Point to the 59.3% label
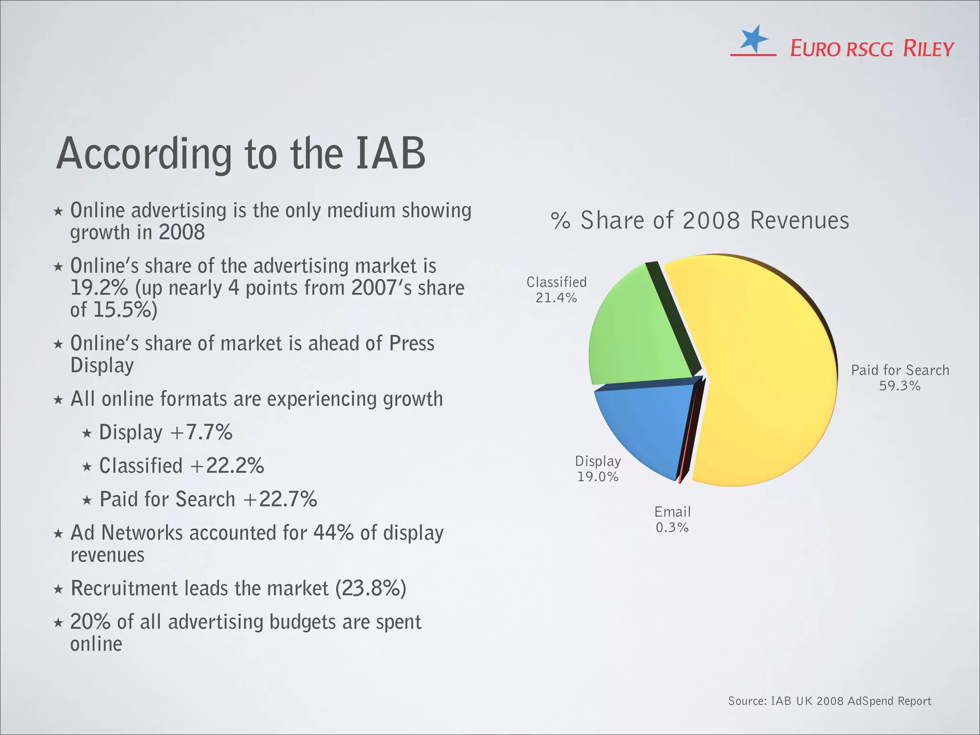[x=900, y=386]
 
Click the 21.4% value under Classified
[x=556, y=298]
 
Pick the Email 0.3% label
[x=672, y=520]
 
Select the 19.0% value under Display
[x=598, y=477]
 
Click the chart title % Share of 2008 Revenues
[x=700, y=221]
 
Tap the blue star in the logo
[x=753, y=38]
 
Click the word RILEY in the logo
[x=928, y=49]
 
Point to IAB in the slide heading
[x=390, y=154]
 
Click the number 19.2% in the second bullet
[x=99, y=288]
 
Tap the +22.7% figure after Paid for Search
[x=280, y=499]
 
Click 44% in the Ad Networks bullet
[x=333, y=533]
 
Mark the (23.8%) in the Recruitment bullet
[x=370, y=588]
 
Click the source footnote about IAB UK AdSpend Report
[x=829, y=701]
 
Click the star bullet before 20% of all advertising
[x=58, y=623]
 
